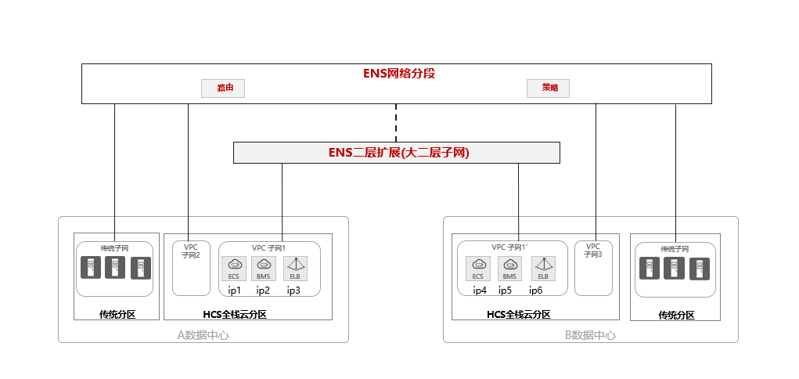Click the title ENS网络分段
(398, 74)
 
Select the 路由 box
(224, 88)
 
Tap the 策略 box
(548, 88)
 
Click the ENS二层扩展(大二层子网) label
(398, 153)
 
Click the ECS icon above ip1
(234, 268)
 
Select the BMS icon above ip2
(264, 268)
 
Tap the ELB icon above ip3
(295, 268)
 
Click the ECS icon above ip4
(478, 268)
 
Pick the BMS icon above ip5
(509, 268)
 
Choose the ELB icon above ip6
(542, 268)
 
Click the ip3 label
(293, 291)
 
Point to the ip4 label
(480, 291)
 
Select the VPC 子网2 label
(191, 251)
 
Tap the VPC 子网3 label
(592, 251)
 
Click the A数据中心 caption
(203, 335)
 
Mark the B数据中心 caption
(590, 335)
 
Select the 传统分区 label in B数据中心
(676, 316)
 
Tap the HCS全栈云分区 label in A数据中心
(235, 315)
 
